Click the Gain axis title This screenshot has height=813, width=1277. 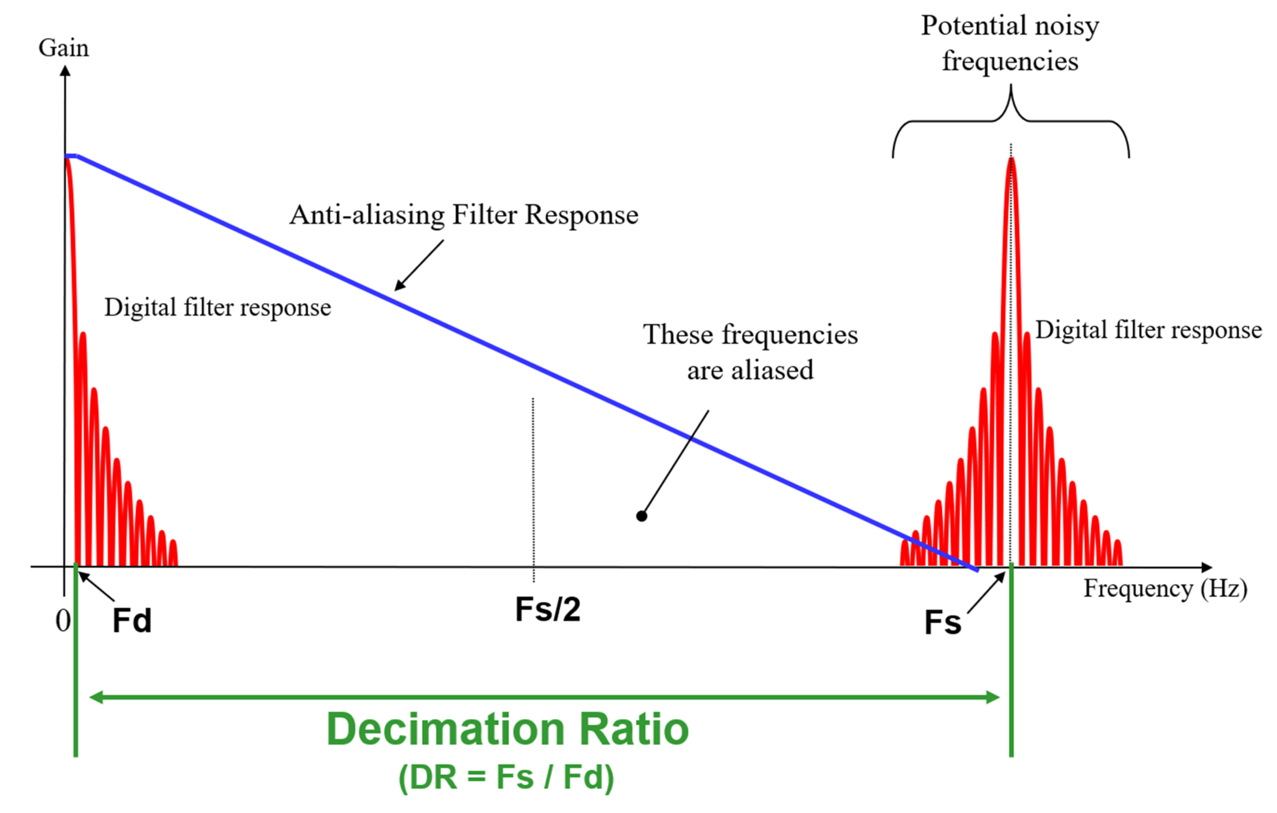[64, 48]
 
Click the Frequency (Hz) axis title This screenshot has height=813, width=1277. [1165, 589]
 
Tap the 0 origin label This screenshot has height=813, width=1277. [62, 621]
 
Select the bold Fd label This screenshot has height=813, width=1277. [132, 621]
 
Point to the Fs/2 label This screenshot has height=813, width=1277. [547, 609]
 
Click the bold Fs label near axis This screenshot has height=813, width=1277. [942, 623]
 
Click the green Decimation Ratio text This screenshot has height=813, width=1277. [507, 729]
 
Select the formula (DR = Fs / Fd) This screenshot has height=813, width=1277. [506, 777]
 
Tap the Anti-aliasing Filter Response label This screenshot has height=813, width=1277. [464, 214]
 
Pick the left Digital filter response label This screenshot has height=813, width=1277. [218, 307]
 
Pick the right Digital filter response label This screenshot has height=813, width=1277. [1149, 330]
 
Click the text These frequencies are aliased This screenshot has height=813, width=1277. [750, 352]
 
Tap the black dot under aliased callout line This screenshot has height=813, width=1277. [641, 516]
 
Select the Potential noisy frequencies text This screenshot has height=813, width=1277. [1010, 44]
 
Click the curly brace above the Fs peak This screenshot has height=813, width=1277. [1011, 118]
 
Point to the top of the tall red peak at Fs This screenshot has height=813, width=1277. [1011, 160]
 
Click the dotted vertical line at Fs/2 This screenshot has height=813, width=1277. [533, 486]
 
